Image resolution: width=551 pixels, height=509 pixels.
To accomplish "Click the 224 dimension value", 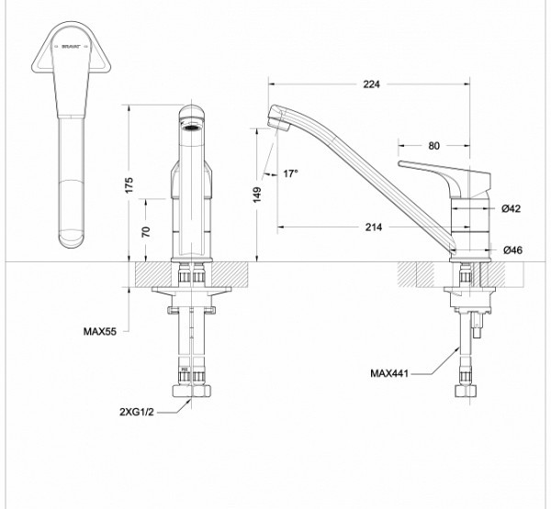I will [370, 83].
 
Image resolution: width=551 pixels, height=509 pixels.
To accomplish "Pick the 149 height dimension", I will [258, 194].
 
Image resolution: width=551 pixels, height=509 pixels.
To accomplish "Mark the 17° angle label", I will [291, 173].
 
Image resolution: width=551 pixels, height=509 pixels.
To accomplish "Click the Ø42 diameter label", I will [512, 209].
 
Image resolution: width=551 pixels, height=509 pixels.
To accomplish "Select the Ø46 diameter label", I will [512, 249].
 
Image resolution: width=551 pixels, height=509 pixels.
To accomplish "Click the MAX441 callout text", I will [389, 372].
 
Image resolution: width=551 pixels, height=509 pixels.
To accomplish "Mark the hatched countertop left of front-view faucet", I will [152, 273].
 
